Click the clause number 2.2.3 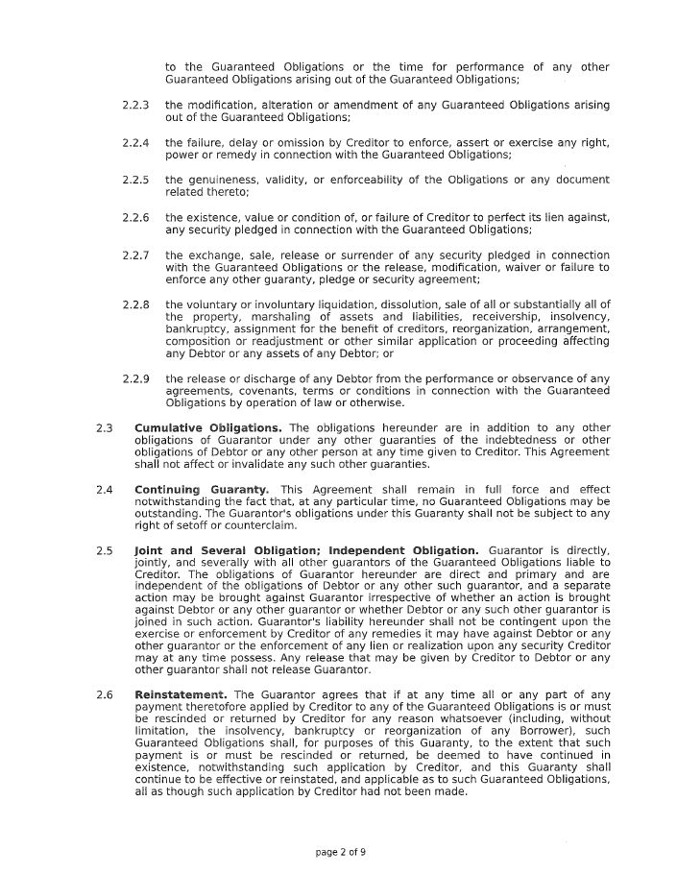click(x=135, y=105)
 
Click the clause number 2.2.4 click(x=135, y=142)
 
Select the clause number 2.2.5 click(x=135, y=180)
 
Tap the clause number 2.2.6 click(x=135, y=217)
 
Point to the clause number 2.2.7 click(x=135, y=255)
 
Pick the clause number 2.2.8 click(x=135, y=304)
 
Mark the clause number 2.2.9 click(x=135, y=378)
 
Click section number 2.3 click(x=106, y=427)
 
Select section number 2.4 click(x=106, y=490)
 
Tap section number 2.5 click(x=106, y=550)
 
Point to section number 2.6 click(x=106, y=694)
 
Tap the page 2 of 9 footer click(x=341, y=851)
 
